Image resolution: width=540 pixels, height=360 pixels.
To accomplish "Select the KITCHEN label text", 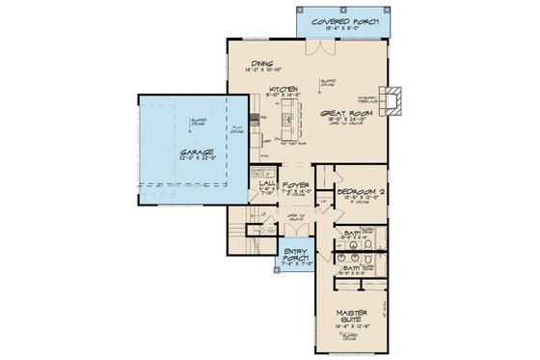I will (x=283, y=86).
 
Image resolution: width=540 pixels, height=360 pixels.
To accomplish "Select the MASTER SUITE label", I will (x=355, y=316).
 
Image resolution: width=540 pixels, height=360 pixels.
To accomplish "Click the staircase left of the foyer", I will (x=247, y=232).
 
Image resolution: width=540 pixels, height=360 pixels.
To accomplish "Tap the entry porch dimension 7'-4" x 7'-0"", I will (x=294, y=262).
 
